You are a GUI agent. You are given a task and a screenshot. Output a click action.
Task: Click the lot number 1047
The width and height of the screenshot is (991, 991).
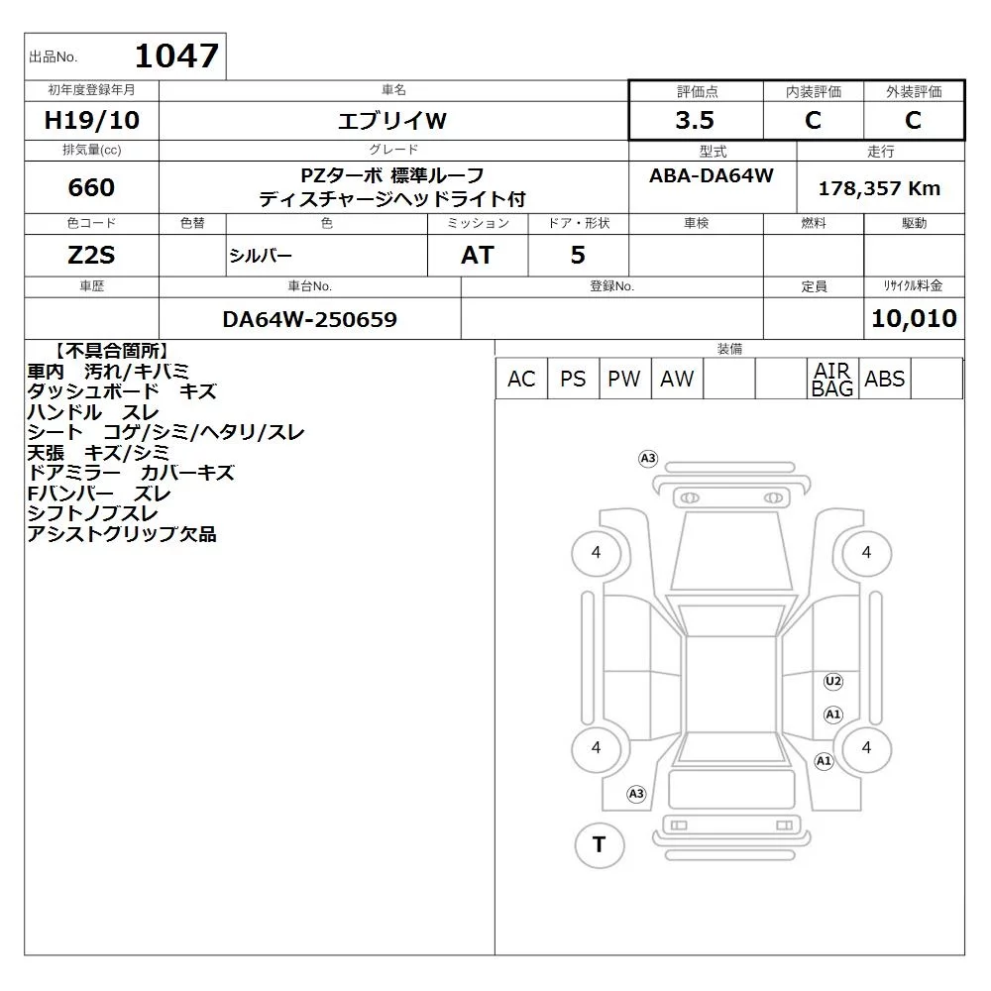[x=177, y=56]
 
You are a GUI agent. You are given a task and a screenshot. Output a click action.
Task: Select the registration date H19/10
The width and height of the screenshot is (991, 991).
[x=91, y=120]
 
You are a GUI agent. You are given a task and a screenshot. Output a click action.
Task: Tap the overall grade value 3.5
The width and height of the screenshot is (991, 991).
[x=695, y=120]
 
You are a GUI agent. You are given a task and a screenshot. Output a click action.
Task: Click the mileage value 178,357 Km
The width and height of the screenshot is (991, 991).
[x=879, y=188]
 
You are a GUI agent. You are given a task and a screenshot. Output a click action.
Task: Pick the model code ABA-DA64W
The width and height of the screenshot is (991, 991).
[x=711, y=175]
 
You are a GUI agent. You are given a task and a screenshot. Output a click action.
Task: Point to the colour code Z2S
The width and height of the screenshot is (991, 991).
[x=91, y=256]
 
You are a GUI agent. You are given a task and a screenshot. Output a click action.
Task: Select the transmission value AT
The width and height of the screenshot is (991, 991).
[x=478, y=256]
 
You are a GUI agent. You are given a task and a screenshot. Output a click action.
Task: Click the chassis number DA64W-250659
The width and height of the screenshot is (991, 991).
[x=309, y=320]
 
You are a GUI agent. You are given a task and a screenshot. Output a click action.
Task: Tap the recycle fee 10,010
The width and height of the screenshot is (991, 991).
[x=914, y=318]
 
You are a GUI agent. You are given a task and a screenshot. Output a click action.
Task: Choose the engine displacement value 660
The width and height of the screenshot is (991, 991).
[x=91, y=187]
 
